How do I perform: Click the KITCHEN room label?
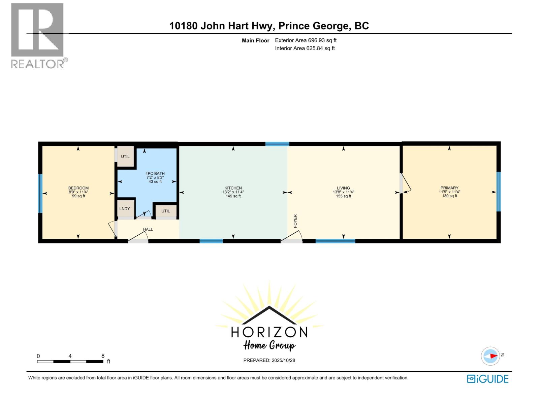click(x=233, y=188)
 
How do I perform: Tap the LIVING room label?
click(x=343, y=188)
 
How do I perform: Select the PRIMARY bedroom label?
click(x=449, y=188)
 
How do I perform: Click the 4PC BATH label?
click(x=155, y=174)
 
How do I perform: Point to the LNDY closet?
click(x=125, y=209)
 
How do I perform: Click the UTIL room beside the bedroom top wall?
click(x=125, y=157)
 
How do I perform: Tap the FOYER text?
click(x=295, y=221)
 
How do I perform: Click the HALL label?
click(x=148, y=229)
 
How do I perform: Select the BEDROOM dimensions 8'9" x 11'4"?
click(x=78, y=192)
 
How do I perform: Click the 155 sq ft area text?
click(x=343, y=196)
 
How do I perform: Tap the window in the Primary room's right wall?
click(x=499, y=192)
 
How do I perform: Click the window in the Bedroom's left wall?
click(x=40, y=193)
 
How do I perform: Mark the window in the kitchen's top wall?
click(x=277, y=144)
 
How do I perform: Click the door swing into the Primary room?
click(x=406, y=184)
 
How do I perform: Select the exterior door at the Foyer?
click(x=292, y=238)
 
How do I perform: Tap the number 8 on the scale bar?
click(x=103, y=356)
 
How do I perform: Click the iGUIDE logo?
click(x=487, y=379)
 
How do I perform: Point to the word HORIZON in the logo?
click(x=269, y=332)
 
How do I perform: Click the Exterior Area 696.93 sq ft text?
click(x=306, y=40)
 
